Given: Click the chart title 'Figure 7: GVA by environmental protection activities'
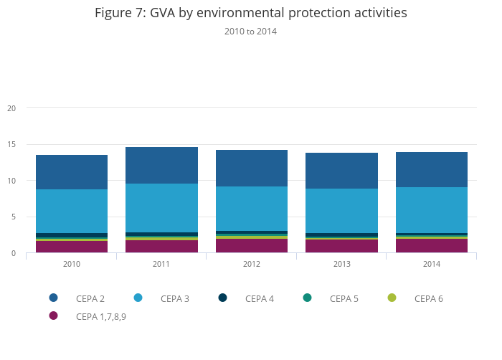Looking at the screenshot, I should pos(250,13).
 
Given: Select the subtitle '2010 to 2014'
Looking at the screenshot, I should pos(250,32).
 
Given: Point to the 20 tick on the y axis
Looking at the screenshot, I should pos(11,108).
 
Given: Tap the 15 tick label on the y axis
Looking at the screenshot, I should pos(11,145).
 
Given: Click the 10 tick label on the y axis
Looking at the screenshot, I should pos(11,181).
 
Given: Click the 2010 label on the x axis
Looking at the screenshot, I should pos(72,265).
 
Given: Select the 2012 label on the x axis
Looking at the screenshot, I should pos(252,265).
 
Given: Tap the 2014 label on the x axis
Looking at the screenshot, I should pos(432,265).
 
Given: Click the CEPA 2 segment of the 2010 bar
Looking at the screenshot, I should pos(72,172).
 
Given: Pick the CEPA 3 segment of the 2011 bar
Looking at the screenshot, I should pos(161,208).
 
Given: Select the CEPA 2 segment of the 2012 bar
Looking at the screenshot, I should pos(252,168).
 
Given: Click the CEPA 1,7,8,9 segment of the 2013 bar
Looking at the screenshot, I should pos(341,246).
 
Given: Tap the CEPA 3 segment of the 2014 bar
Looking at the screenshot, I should pos(432,210).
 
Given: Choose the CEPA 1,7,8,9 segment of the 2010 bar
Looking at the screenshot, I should pos(72,247).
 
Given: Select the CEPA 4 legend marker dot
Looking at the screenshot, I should pos(223,298).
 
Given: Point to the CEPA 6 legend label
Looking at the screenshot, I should pos(428,298).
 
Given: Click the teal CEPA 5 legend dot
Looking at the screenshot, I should pos(308,298).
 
